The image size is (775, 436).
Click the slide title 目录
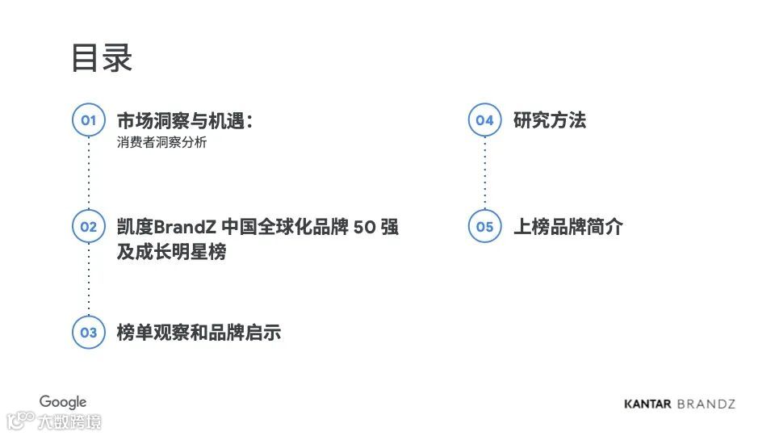point(102,58)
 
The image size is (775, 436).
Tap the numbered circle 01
point(88,120)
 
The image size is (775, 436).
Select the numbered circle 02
point(88,227)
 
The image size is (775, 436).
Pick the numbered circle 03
point(88,332)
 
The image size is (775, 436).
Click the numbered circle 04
point(484,120)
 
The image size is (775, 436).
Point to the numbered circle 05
point(484,227)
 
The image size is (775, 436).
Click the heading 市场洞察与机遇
point(185,121)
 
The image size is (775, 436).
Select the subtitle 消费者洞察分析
point(161,143)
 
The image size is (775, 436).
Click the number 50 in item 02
point(365,227)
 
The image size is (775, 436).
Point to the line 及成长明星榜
point(171,252)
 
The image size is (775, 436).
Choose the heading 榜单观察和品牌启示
point(199,332)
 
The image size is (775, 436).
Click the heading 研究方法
point(550,121)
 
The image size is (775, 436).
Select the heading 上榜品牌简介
point(568,227)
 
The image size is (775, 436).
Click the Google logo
point(63,402)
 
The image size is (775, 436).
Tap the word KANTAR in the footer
point(647,404)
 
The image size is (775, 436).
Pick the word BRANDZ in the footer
point(706,404)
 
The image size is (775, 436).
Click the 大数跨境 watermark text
point(69,421)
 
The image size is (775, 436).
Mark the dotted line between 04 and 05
point(484,174)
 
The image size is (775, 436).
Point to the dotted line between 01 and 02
point(88,174)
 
